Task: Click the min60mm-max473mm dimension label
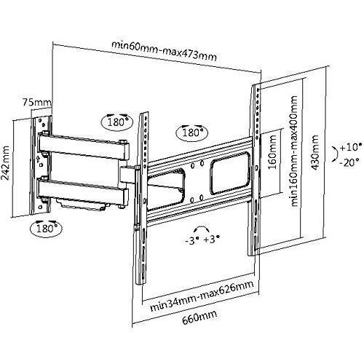[x=164, y=51]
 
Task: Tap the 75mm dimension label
[x=37, y=102]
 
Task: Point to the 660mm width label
[x=199, y=317]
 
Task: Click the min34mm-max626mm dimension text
[x=202, y=296]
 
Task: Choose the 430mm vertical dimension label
[x=314, y=153]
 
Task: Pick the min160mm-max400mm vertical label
[x=294, y=151]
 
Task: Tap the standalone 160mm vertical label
[x=272, y=151]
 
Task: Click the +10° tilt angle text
[x=351, y=147]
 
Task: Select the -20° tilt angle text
[x=349, y=162]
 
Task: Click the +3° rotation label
[x=212, y=240]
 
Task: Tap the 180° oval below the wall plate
[x=46, y=229]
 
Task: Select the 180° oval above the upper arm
[x=117, y=121]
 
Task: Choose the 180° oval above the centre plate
[x=192, y=132]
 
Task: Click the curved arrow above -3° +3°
[x=201, y=228]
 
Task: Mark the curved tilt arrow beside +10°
[x=337, y=154]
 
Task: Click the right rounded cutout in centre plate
[x=229, y=173]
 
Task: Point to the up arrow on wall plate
[x=38, y=159]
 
